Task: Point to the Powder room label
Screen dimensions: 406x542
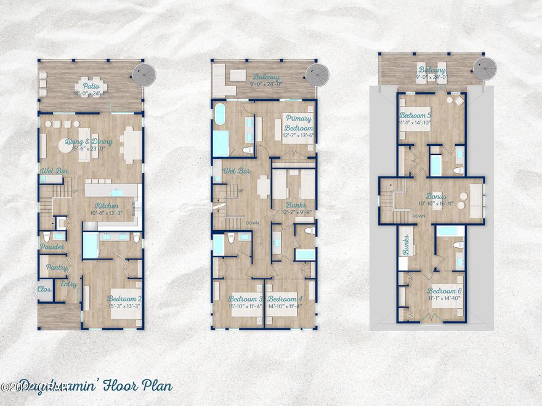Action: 52,246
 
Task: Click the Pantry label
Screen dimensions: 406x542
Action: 52,268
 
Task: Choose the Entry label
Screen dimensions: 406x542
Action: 69,284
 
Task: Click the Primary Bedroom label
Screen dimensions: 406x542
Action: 298,122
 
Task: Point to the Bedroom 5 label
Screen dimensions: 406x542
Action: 416,115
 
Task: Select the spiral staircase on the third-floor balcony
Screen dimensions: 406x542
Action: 485,66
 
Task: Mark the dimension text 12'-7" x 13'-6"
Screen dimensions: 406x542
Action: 298,135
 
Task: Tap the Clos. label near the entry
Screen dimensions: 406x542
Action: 44,289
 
